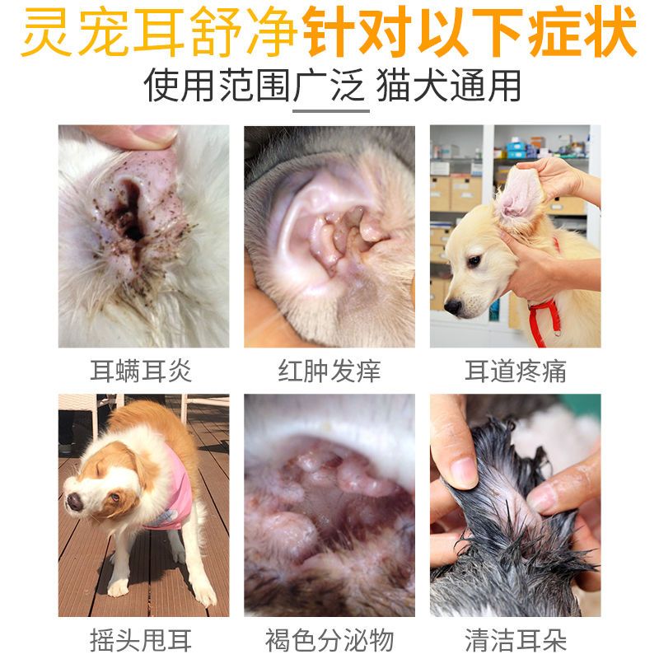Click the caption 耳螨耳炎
[x=141, y=372]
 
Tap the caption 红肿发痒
[x=329, y=372]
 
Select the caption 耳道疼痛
[x=516, y=372]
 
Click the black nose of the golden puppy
[x=453, y=306]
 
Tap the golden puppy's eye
[x=474, y=261]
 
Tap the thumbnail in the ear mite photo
[x=155, y=133]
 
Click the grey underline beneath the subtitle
[x=331, y=111]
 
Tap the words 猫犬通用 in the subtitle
[x=448, y=86]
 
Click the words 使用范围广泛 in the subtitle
[x=254, y=86]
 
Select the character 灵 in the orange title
[x=46, y=30]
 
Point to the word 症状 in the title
[x=583, y=30]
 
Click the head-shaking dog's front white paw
[x=118, y=587]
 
